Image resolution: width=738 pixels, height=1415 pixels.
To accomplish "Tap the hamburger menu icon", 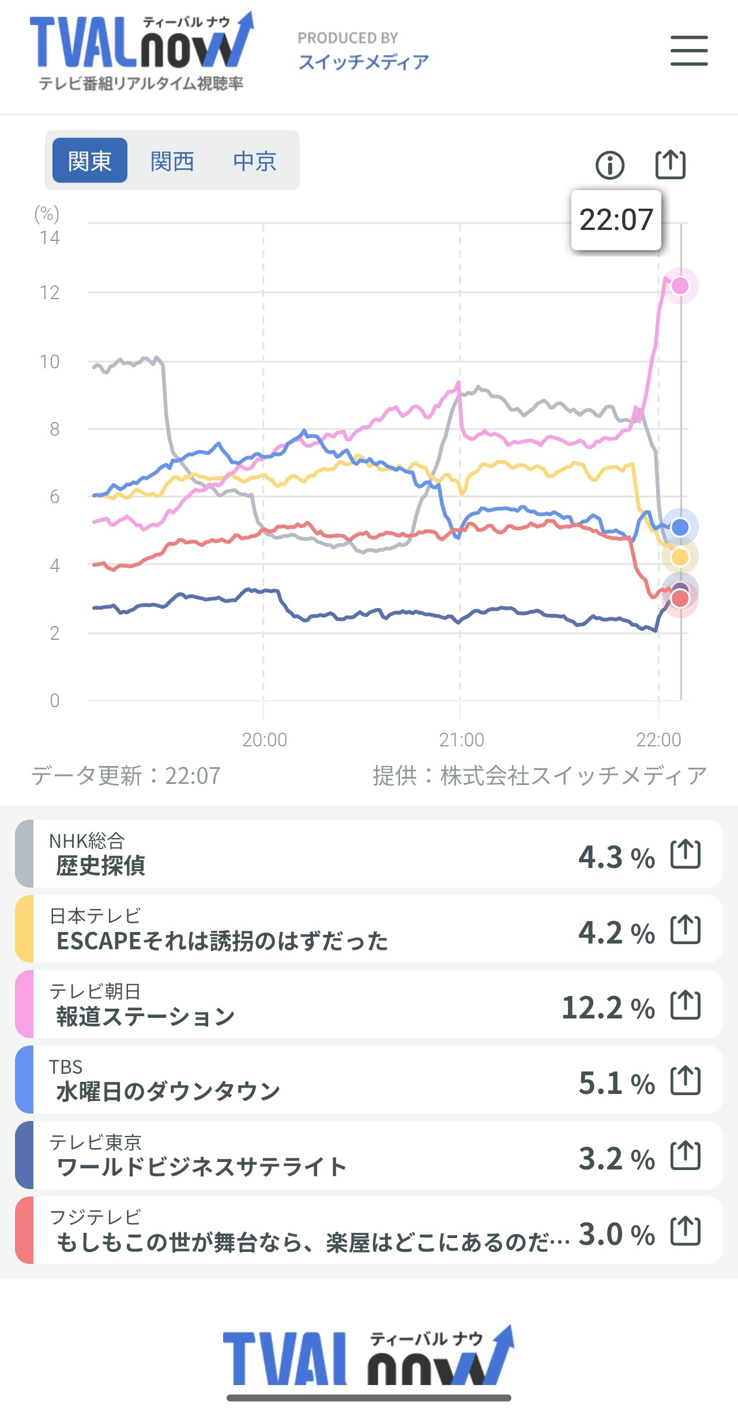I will pos(689,51).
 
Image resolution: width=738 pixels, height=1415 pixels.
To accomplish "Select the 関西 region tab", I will pos(172,161).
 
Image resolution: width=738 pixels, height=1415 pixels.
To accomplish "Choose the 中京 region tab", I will pos(254,161).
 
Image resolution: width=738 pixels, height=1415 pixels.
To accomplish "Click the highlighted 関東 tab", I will pos(89,161).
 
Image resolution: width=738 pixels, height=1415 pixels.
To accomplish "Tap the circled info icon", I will pos(609,165).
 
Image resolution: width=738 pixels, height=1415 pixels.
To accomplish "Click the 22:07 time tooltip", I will pos(616,220).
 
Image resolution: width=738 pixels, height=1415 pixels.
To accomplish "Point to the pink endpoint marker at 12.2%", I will pos(680,286).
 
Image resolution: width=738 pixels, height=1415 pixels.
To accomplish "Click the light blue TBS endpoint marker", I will pos(680,527).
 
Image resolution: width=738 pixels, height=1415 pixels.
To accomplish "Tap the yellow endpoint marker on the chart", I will pos(680,557).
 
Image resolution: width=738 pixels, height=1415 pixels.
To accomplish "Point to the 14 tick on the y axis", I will pos(50,237).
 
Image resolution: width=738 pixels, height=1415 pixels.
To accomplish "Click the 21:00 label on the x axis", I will pos(461,739).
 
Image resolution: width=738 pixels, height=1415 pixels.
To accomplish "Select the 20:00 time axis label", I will pos(264,739).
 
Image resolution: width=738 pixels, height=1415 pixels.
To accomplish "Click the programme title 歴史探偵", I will pos(101,866).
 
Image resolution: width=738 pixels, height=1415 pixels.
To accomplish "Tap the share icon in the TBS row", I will pos(686,1080).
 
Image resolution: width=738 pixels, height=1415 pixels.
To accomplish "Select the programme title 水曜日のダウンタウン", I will pos(168,1092).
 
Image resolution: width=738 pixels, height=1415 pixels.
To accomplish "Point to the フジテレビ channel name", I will pos(95,1217).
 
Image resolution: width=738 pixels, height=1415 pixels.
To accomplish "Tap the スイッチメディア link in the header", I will pos(363,62).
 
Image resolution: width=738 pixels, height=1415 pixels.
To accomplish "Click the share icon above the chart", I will pos(671,165).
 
